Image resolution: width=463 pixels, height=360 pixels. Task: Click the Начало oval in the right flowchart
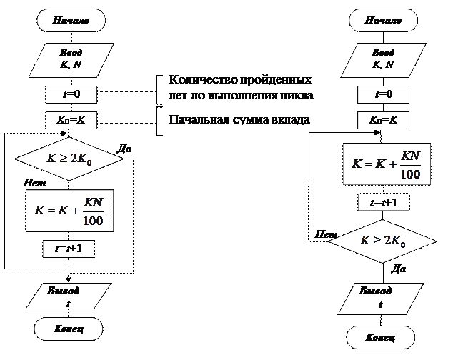point(383,21)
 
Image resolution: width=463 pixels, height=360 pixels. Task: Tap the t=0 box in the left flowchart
point(71,95)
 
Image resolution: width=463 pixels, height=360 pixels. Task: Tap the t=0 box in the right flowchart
point(383,95)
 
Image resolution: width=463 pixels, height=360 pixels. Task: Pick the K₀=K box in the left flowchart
point(71,120)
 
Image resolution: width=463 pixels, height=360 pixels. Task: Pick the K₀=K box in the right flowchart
point(383,120)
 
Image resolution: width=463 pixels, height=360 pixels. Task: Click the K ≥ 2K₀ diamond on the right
point(382,242)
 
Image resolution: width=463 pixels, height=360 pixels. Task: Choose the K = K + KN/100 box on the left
point(69,211)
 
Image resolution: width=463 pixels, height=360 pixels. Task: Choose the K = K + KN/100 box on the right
point(387,164)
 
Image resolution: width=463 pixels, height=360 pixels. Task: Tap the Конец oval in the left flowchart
point(69,329)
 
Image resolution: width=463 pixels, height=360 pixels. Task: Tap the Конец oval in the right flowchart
point(381,337)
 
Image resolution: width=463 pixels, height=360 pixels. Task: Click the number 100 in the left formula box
point(93,220)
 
